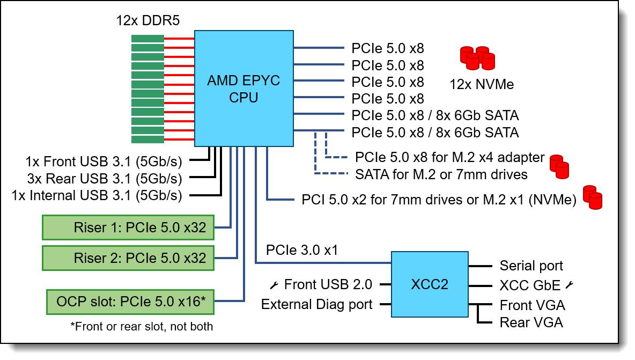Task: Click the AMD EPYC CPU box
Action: (x=243, y=89)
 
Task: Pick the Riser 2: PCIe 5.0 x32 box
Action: (x=128, y=258)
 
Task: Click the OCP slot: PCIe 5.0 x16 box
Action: (x=128, y=302)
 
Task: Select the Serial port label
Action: (x=531, y=266)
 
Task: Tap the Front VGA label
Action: (x=532, y=305)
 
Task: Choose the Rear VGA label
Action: (x=531, y=322)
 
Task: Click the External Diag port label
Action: (x=316, y=305)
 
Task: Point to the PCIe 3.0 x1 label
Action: (x=301, y=251)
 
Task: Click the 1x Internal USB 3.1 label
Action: (x=97, y=196)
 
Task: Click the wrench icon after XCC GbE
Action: (x=569, y=285)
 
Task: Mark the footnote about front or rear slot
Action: (x=141, y=326)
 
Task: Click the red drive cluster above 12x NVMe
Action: (x=477, y=57)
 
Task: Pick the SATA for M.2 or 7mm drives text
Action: (x=441, y=174)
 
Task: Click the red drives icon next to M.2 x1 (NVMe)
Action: (x=593, y=197)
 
